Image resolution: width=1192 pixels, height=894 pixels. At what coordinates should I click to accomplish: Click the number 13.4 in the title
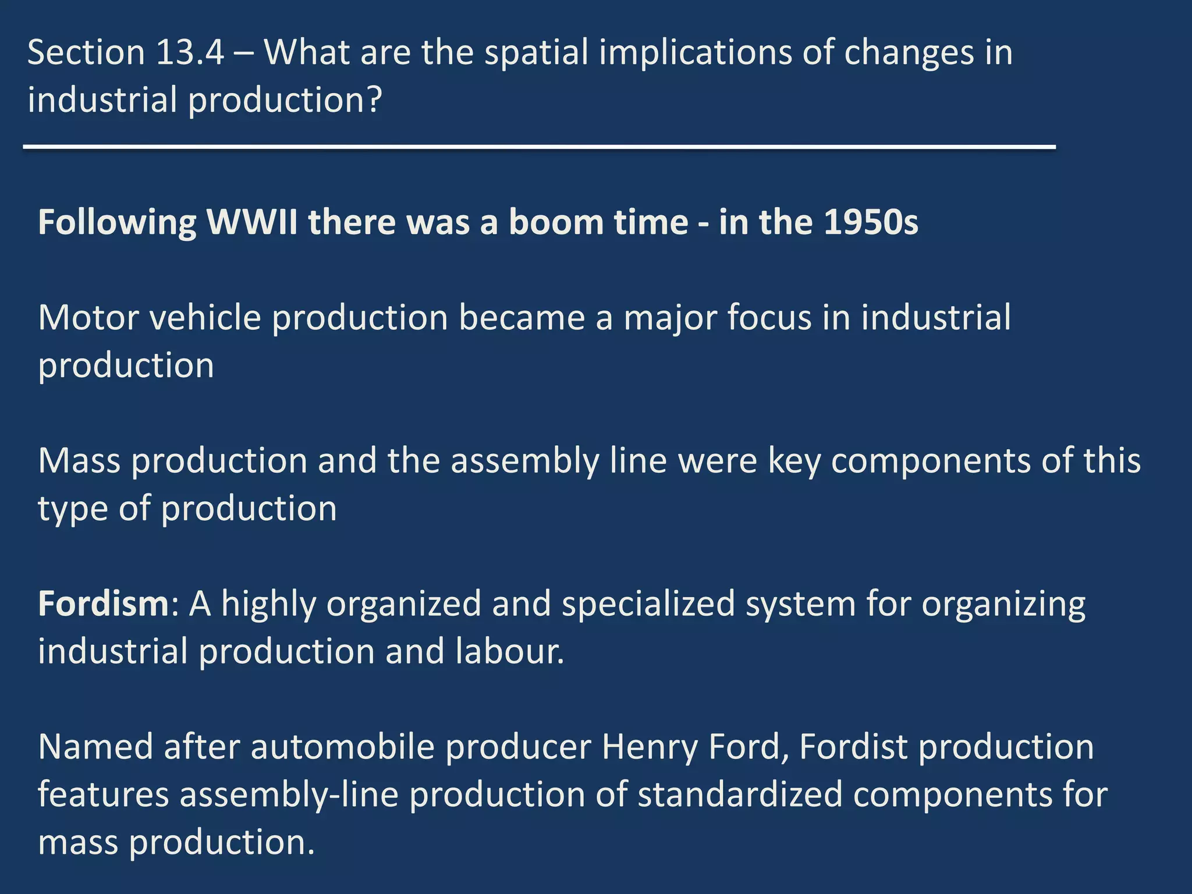(190, 52)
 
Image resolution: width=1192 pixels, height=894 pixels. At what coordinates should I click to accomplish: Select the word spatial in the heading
(536, 52)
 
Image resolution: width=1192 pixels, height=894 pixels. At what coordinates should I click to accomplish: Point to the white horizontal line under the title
(539, 147)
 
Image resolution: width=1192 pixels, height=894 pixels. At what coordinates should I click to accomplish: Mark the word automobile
(343, 747)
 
